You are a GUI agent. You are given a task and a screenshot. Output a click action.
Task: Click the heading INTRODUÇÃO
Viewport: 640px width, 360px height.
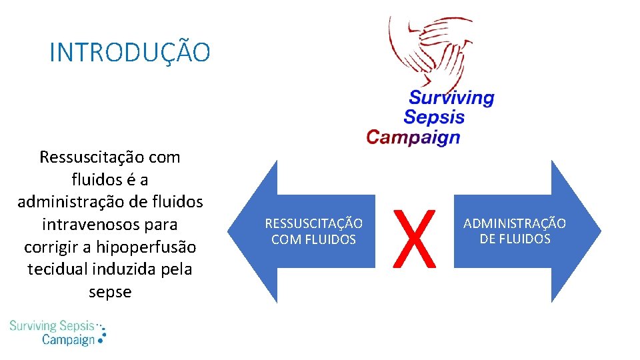pos(130,53)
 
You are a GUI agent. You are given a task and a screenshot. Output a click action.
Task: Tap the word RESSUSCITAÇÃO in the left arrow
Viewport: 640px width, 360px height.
pos(313,223)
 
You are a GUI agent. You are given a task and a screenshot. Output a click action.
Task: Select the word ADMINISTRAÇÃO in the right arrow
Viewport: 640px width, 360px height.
pos(515,223)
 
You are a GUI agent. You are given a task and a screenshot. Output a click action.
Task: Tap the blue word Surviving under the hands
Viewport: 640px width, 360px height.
pos(451,98)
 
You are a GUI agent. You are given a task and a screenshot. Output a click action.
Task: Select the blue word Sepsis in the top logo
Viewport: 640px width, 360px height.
pos(434,117)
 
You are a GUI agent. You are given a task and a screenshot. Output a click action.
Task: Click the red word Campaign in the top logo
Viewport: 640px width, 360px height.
pos(413,137)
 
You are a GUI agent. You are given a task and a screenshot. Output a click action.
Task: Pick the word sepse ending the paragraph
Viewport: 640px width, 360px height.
pos(110,292)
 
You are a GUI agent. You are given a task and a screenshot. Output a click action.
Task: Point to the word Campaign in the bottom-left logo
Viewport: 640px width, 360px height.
pos(68,339)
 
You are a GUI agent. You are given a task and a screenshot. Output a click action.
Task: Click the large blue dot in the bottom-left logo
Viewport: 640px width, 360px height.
pos(101,338)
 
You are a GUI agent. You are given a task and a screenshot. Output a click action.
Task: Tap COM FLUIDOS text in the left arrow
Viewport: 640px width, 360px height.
pos(313,239)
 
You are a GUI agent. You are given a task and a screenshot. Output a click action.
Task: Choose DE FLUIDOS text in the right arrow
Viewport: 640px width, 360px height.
pos(515,239)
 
